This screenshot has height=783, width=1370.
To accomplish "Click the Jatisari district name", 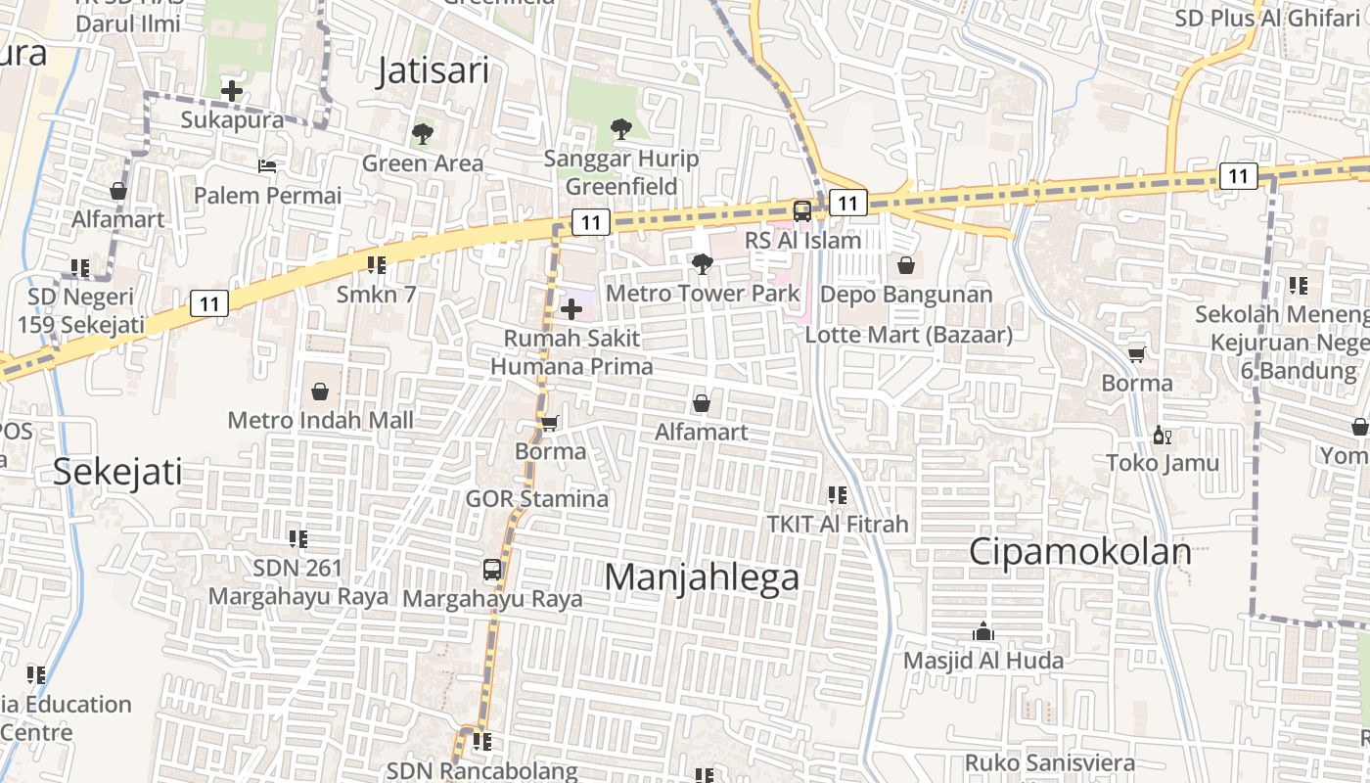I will tap(433, 71).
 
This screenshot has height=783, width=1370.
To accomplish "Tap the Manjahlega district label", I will tap(701, 577).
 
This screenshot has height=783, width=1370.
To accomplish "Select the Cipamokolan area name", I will tap(1079, 552).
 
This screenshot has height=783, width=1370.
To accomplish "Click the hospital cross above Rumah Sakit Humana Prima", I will tap(571, 310).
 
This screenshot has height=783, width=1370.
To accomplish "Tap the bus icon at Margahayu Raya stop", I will tap(492, 569).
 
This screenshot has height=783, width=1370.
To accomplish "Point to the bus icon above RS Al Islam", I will tap(801, 210).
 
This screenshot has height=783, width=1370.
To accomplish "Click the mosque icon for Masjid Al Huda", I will tap(983, 631).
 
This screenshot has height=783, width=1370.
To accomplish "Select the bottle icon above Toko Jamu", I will tap(1162, 435).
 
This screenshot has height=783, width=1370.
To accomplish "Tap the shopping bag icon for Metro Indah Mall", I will tap(320, 391).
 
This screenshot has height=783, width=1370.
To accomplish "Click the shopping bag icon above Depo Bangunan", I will tap(906, 265).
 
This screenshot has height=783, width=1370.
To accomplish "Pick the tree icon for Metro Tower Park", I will tap(702, 263).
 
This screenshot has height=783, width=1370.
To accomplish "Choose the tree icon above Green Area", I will tap(423, 133).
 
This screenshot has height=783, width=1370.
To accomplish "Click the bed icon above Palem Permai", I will tap(266, 165).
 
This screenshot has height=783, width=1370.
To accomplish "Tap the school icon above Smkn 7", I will tap(377, 264).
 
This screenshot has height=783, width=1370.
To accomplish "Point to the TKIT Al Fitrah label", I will tap(837, 524).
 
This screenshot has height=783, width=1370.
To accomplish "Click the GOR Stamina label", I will tap(536, 498).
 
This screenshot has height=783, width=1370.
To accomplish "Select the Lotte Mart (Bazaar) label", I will tap(908, 334).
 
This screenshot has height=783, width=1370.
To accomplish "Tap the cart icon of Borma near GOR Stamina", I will tap(550, 423).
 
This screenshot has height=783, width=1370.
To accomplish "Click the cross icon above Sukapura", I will tap(232, 91).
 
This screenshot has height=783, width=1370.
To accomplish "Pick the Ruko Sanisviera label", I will tap(1049, 762).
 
